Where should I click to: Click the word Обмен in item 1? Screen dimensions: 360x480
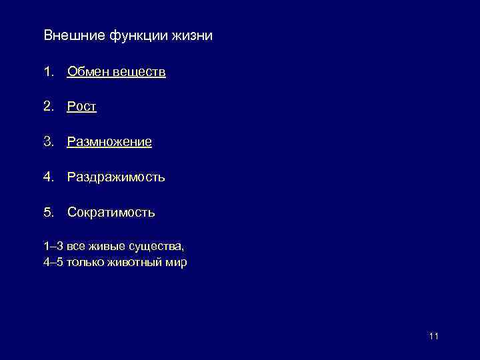click(87, 71)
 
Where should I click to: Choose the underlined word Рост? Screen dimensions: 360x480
click(82, 107)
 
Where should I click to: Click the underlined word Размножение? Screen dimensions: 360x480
click(109, 142)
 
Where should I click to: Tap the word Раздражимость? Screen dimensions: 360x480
click(116, 177)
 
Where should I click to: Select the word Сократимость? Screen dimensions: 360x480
click(111, 213)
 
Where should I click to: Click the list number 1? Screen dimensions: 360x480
click(47, 71)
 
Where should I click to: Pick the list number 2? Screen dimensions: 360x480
click(47, 107)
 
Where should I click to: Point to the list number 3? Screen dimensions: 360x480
click(47, 142)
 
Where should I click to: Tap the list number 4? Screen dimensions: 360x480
click(47, 177)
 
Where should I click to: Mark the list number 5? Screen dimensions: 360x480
click(47, 213)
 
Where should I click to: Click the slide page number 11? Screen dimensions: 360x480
click(434, 336)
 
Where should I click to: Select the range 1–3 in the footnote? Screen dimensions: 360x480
click(53, 247)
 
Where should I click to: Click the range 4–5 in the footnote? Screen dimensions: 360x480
click(53, 263)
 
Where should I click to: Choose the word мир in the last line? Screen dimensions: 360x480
click(177, 263)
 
